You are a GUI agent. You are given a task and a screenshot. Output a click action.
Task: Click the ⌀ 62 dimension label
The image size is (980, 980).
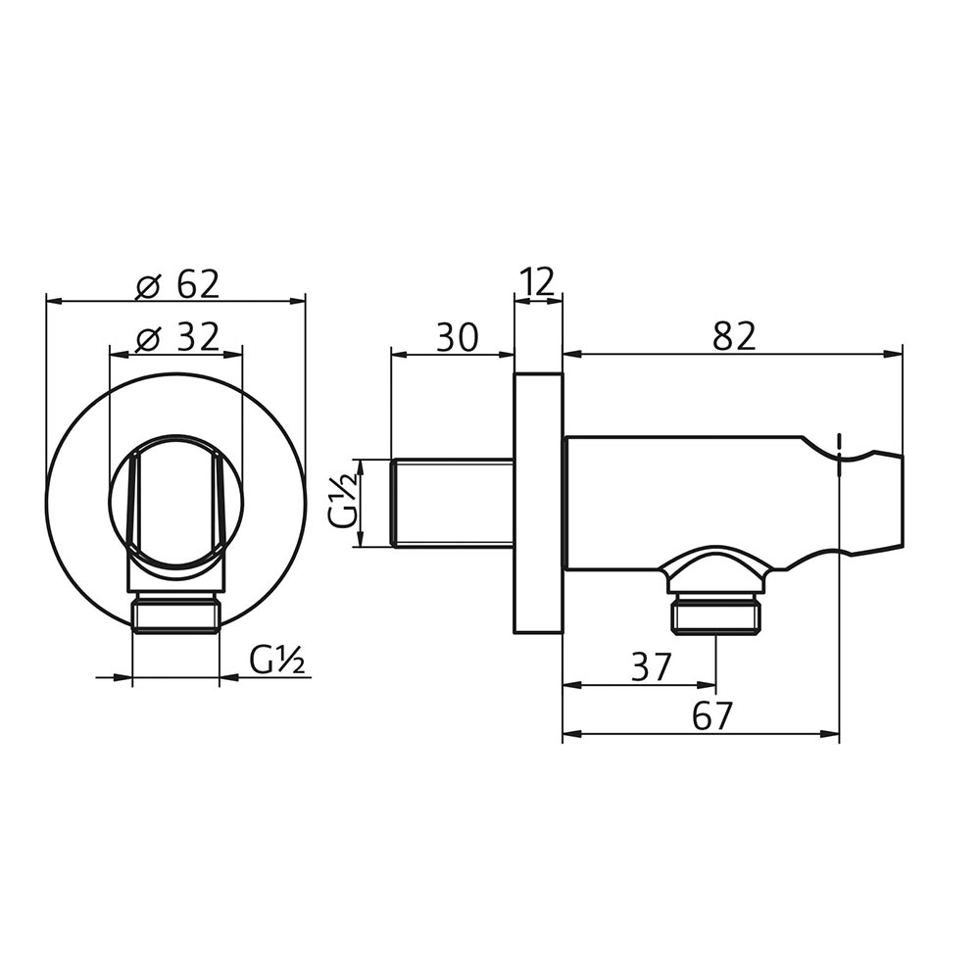click(x=177, y=285)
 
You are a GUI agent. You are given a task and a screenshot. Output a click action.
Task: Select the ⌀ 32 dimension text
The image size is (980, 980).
click(x=177, y=338)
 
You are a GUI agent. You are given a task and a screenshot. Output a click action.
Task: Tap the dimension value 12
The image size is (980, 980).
click(x=538, y=283)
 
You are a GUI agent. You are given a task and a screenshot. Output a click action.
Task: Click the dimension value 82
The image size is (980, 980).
click(x=734, y=337)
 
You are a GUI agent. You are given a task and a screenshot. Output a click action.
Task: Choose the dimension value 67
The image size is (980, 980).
click(x=711, y=716)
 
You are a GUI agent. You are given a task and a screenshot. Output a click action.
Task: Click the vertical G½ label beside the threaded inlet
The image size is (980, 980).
click(x=342, y=503)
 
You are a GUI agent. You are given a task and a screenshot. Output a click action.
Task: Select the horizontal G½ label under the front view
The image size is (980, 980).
click(x=277, y=661)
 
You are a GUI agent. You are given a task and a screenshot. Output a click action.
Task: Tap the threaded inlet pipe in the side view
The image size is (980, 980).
click(x=451, y=503)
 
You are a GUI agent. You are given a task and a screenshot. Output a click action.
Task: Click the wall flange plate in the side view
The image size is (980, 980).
click(x=538, y=503)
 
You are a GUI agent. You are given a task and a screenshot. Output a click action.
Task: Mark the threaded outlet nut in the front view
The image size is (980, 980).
click(x=175, y=615)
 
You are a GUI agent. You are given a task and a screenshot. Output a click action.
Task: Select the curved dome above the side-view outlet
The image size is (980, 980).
click(x=714, y=565)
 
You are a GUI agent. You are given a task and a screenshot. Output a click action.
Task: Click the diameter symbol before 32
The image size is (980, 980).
click(x=148, y=339)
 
